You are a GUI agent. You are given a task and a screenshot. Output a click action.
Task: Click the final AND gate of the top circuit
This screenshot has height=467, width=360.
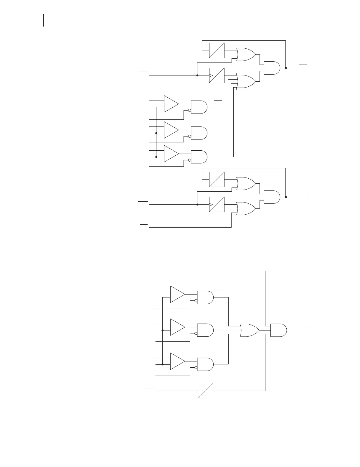[x=272, y=68]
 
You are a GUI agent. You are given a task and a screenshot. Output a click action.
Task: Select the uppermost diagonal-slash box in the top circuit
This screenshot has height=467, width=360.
[x=217, y=50]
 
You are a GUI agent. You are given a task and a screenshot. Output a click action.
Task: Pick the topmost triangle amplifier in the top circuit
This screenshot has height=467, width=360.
[x=171, y=104]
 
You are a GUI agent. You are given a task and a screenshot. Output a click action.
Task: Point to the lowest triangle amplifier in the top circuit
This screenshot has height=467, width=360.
[x=171, y=154]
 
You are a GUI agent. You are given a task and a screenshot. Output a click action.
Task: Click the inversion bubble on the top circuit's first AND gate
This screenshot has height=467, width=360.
[x=190, y=111]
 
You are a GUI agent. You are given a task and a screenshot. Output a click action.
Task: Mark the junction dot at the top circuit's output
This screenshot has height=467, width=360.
[x=286, y=68]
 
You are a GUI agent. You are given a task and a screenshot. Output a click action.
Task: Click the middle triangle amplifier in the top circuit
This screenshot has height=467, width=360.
[x=171, y=130]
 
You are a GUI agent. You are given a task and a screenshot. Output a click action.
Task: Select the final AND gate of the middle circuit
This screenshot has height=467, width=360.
[x=272, y=197]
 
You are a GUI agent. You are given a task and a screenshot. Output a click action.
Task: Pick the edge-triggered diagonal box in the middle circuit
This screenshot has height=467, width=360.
[x=217, y=205]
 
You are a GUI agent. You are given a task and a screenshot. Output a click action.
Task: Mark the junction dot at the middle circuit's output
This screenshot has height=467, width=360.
[x=286, y=197]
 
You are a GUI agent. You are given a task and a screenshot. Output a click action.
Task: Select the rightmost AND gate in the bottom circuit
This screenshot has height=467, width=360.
[x=278, y=330]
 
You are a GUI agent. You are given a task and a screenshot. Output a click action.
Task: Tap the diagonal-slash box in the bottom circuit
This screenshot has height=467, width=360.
[x=206, y=391]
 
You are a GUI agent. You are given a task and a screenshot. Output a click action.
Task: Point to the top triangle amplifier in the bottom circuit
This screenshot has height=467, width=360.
[x=177, y=294]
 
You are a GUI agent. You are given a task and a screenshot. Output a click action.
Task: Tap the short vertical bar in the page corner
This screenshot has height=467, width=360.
[x=44, y=20]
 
